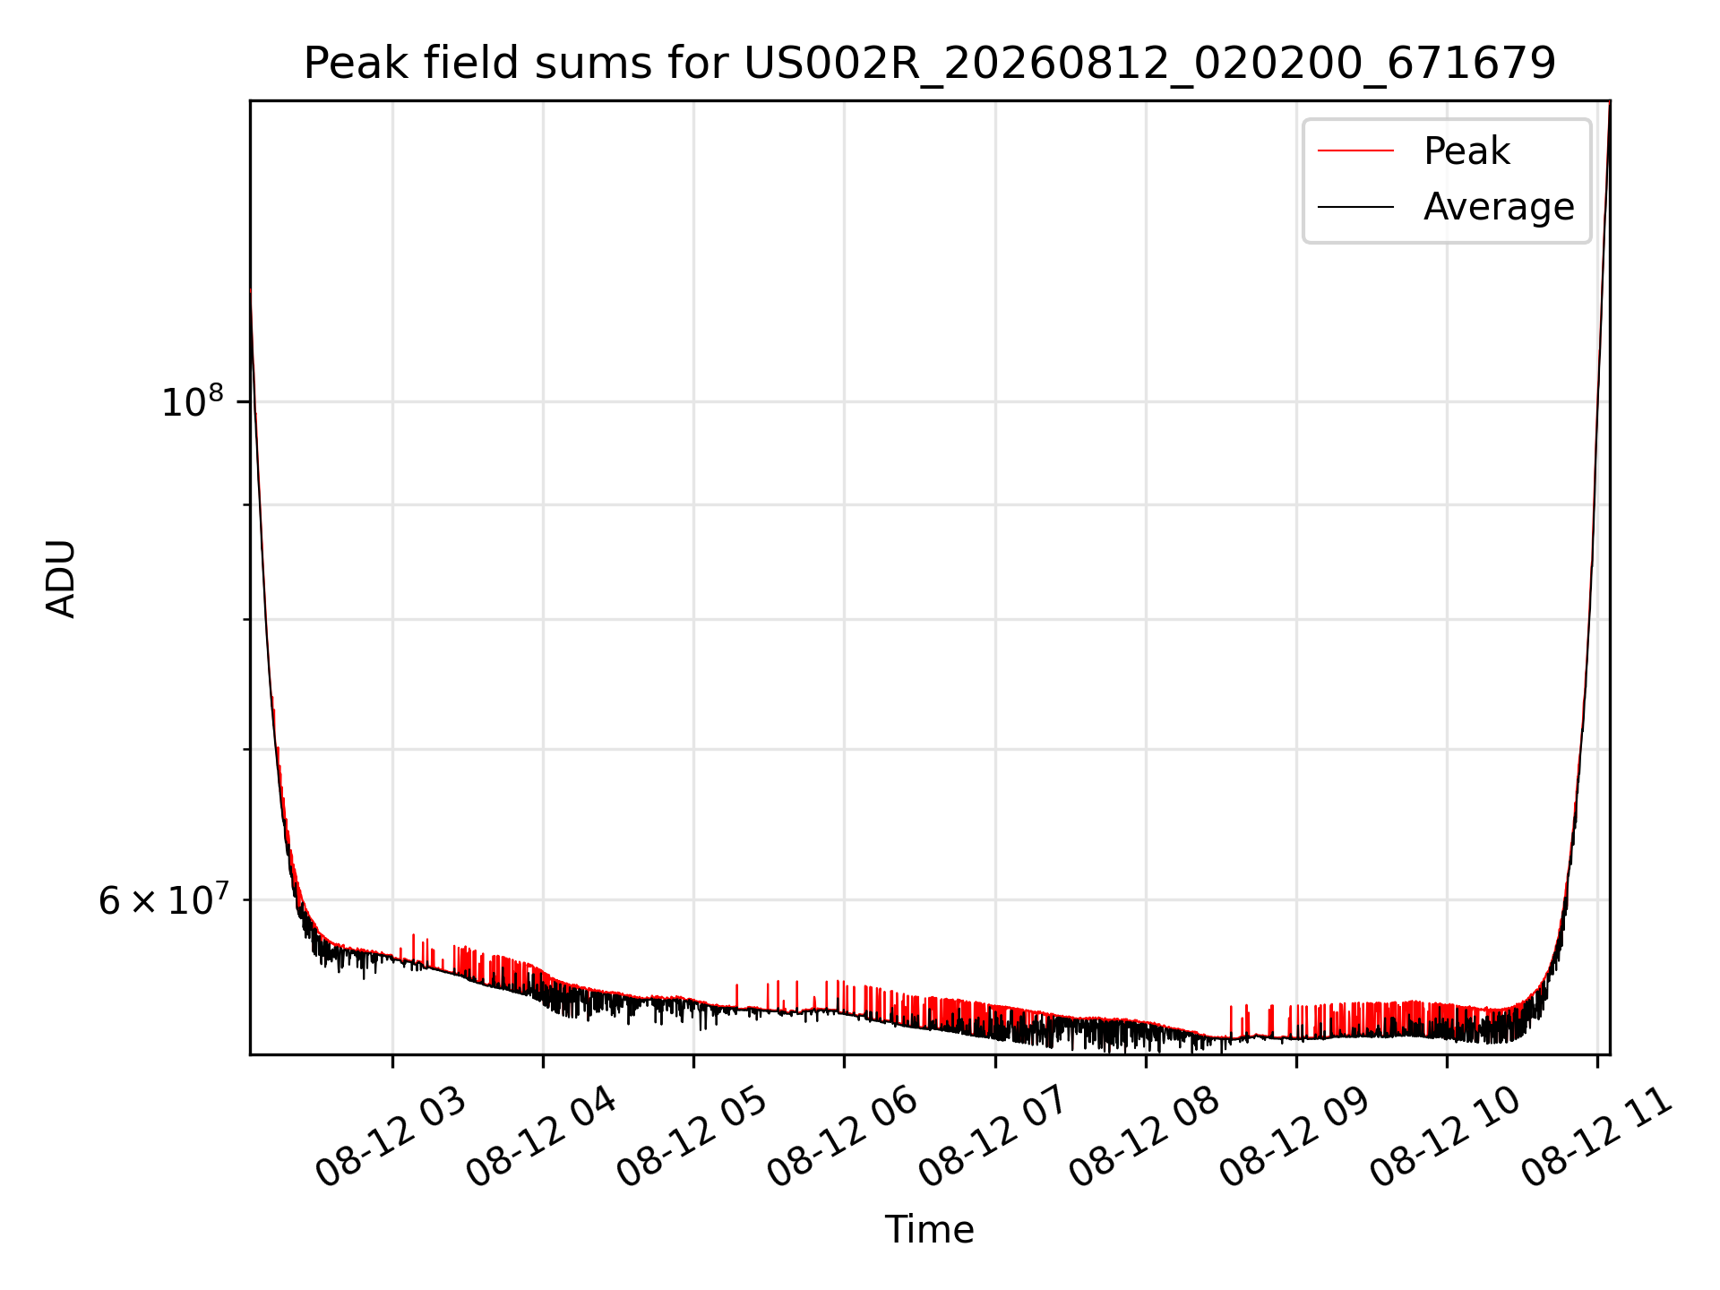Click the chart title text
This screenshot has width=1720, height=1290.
point(930,63)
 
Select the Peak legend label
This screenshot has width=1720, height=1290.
point(1466,150)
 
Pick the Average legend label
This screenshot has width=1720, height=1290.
point(1499,207)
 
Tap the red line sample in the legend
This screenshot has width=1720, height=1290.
point(1355,151)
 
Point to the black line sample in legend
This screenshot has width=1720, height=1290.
point(1355,207)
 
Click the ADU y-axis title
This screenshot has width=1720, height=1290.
point(61,578)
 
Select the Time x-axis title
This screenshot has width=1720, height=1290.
point(929,1229)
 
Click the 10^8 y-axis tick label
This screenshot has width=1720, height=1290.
point(192,400)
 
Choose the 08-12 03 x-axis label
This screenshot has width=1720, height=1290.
point(391,1136)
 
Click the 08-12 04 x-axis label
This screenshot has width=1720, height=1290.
point(541,1136)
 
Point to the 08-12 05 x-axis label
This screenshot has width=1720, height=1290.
point(692,1136)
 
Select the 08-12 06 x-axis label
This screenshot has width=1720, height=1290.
point(842,1136)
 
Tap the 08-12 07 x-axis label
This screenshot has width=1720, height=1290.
point(993,1136)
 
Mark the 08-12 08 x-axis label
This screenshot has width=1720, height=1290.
point(1144,1136)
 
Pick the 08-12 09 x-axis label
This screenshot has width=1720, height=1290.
point(1294,1136)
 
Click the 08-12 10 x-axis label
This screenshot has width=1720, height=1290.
point(1445,1136)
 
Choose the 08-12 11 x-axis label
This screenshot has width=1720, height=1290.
point(1596,1136)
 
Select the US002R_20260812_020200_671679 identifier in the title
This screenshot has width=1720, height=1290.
point(1150,64)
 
